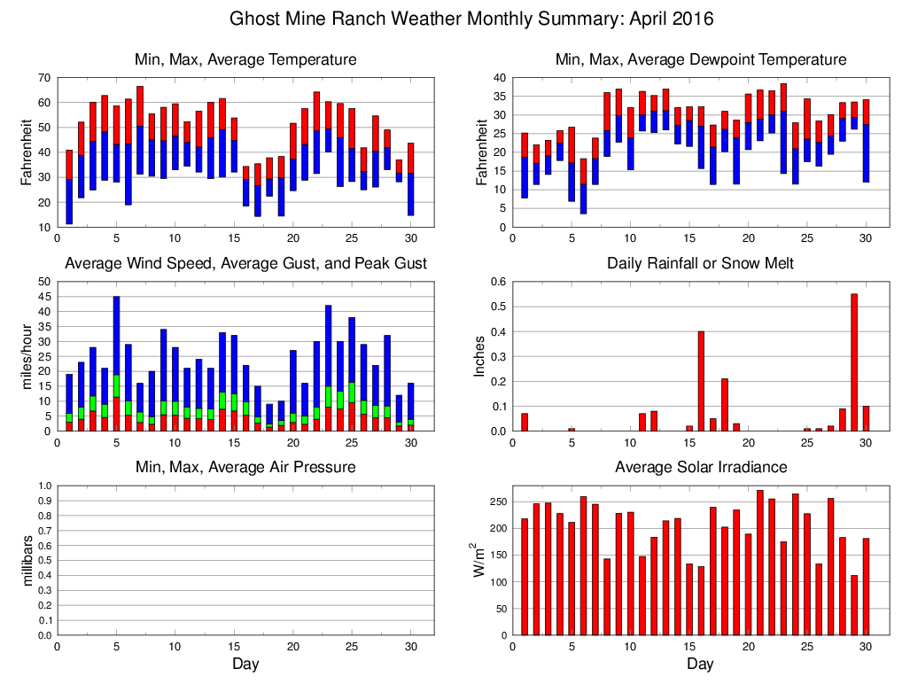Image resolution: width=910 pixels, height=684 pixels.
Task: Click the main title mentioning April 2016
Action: click(x=471, y=19)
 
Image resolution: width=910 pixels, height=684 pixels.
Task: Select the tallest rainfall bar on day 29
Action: click(x=854, y=362)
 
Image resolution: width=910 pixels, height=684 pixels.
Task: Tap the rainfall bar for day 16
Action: click(x=701, y=381)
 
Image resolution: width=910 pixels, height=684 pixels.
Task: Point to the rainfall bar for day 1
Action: click(x=525, y=422)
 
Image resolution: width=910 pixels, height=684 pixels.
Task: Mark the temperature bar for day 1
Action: click(x=69, y=187)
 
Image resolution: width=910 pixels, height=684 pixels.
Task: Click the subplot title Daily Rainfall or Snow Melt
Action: click(x=700, y=263)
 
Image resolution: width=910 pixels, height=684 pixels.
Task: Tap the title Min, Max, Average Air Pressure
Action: click(x=245, y=467)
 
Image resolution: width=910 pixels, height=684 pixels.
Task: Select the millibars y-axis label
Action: click(x=27, y=560)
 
